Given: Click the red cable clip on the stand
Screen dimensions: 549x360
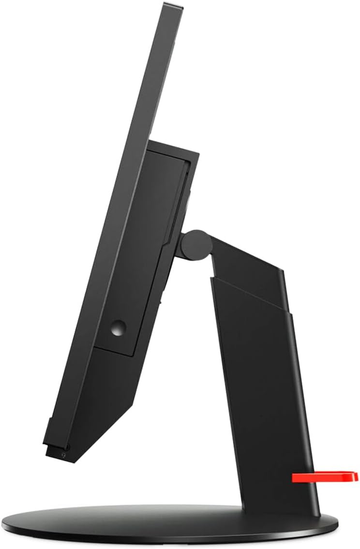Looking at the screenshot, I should point(324,477).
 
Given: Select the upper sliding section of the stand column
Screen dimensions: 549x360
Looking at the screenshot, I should point(252,271).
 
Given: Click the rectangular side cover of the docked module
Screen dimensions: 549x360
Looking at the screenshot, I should point(140,252).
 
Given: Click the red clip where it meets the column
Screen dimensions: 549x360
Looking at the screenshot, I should point(296,478).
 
